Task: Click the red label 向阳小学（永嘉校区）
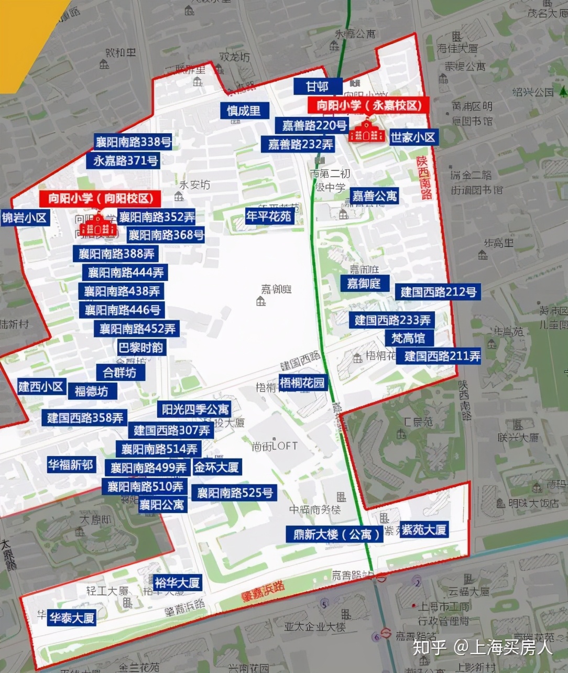(369, 105)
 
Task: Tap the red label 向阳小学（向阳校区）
(100, 198)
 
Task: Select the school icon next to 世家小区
(367, 132)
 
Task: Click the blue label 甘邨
(318, 86)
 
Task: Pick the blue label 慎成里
(244, 111)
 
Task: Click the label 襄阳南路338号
(133, 142)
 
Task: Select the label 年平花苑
(269, 215)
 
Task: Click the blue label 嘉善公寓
(375, 196)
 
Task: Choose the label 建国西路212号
(439, 292)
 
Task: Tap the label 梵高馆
(408, 338)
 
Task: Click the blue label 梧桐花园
(302, 383)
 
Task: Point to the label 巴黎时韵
(140, 348)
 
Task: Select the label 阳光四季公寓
(195, 409)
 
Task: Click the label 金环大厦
(217, 466)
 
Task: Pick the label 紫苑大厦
(423, 530)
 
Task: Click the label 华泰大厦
(72, 618)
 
